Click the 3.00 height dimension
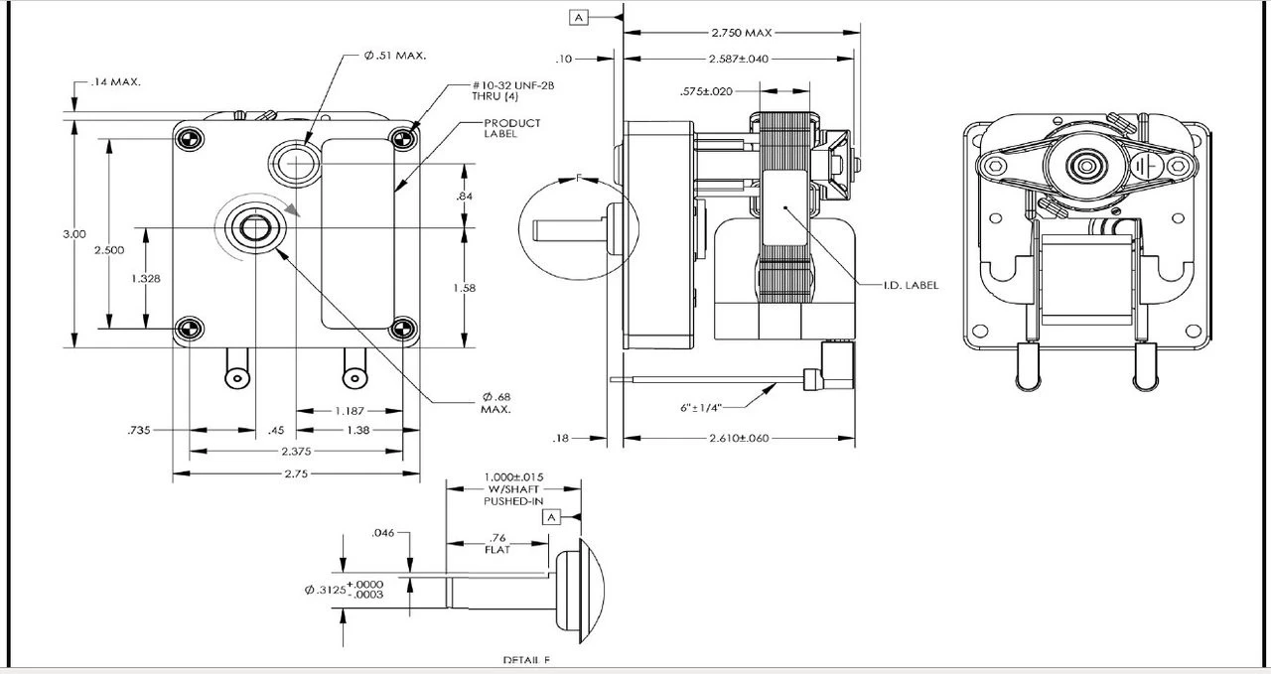click(73, 233)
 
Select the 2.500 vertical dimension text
click(108, 250)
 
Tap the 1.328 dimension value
click(145, 279)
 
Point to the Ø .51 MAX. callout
click(394, 56)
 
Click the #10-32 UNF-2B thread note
click(512, 91)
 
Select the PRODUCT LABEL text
click(512, 128)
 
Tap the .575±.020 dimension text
click(706, 91)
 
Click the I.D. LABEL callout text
click(910, 285)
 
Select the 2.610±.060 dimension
click(739, 438)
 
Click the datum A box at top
click(579, 17)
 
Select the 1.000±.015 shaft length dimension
click(513, 488)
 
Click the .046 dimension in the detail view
click(383, 533)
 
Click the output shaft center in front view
click(256, 229)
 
